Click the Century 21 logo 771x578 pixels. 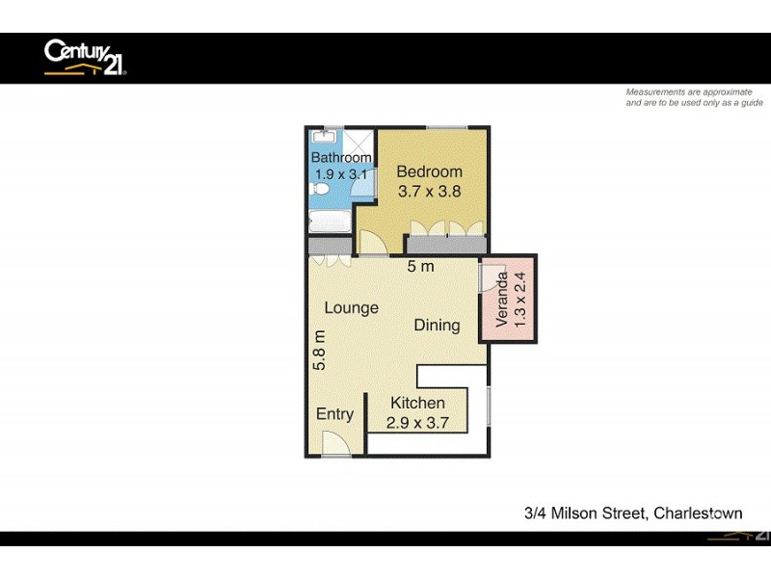(85, 57)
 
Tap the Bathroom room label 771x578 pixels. (340, 158)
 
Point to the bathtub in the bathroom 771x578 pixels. (330, 222)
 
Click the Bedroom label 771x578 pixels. (430, 171)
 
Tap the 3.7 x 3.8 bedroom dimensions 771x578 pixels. (430, 191)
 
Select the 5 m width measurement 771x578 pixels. (419, 266)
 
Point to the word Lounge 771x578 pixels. (351, 307)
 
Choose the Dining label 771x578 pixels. (437, 325)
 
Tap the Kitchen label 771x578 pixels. (417, 403)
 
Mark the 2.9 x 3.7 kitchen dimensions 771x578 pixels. (417, 422)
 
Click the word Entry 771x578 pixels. (334, 414)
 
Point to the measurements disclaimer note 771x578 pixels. (694, 97)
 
